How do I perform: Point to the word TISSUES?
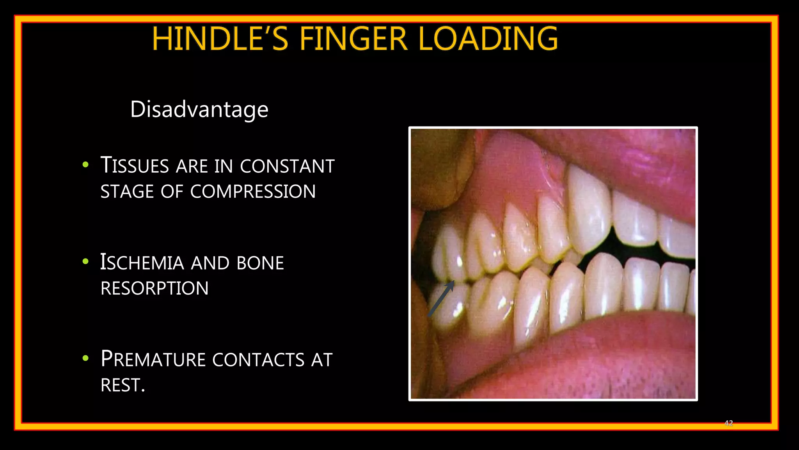[x=135, y=166]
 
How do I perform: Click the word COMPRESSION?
[x=253, y=191]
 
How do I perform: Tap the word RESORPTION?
[x=154, y=288]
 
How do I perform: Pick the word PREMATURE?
[x=153, y=359]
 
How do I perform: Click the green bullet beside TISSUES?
[x=86, y=165]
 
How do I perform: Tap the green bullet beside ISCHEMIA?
[x=86, y=262]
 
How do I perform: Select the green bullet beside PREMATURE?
[x=86, y=358]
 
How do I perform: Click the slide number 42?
[x=728, y=423]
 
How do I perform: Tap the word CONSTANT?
[x=287, y=166]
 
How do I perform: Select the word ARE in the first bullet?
[x=192, y=166]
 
